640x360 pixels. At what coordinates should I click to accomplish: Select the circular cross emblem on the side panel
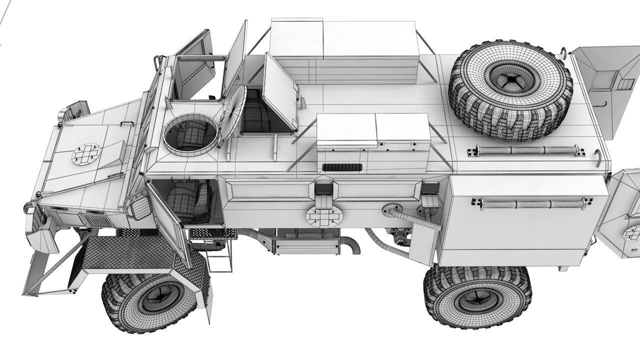[323, 215]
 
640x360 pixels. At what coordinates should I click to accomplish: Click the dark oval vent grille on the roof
[342, 167]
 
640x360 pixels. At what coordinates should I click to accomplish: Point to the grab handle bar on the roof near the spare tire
[525, 150]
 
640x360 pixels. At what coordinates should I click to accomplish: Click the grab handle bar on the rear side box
[527, 203]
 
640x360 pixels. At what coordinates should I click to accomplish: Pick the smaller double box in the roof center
[372, 131]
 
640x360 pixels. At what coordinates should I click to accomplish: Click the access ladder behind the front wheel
[219, 255]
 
